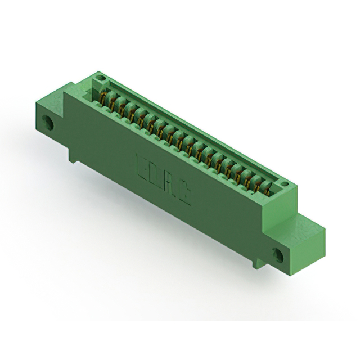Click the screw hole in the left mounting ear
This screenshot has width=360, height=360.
49,123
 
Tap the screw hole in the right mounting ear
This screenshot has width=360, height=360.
279,253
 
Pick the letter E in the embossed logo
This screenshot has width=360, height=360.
144,168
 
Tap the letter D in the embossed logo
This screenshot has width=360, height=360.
157,176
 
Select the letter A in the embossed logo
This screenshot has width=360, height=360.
171,186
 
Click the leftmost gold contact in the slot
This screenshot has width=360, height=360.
103,98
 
